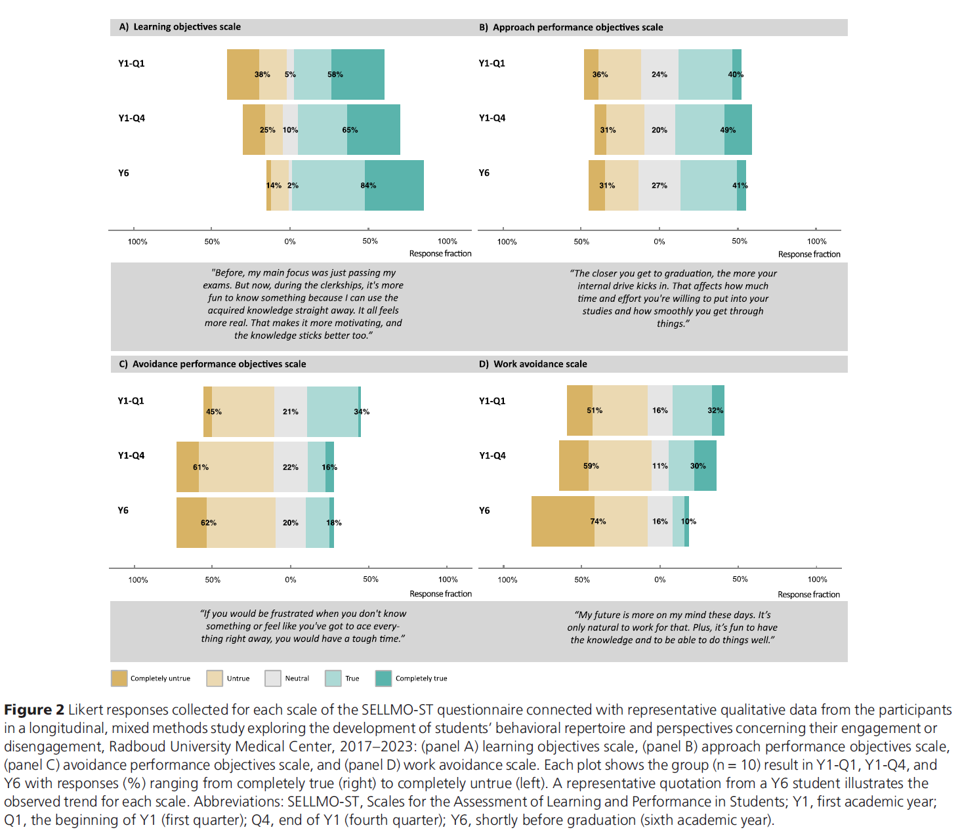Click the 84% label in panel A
[x=368, y=186]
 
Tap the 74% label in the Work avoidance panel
[x=598, y=522]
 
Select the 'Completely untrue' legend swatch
[x=119, y=679]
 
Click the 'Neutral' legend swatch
[x=273, y=679]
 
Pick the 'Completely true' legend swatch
[x=383, y=679]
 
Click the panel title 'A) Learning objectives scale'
[x=180, y=27]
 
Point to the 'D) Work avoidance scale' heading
[x=533, y=364]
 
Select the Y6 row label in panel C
[x=123, y=511]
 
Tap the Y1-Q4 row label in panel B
[x=492, y=118]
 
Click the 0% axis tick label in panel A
[x=290, y=241]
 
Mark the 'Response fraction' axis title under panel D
[x=808, y=595]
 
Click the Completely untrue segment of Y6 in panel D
[x=562, y=522]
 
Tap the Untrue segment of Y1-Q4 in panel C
[x=236, y=467]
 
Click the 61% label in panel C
[x=201, y=468]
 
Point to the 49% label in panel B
[x=728, y=130]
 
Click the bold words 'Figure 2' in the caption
[x=34, y=710]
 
